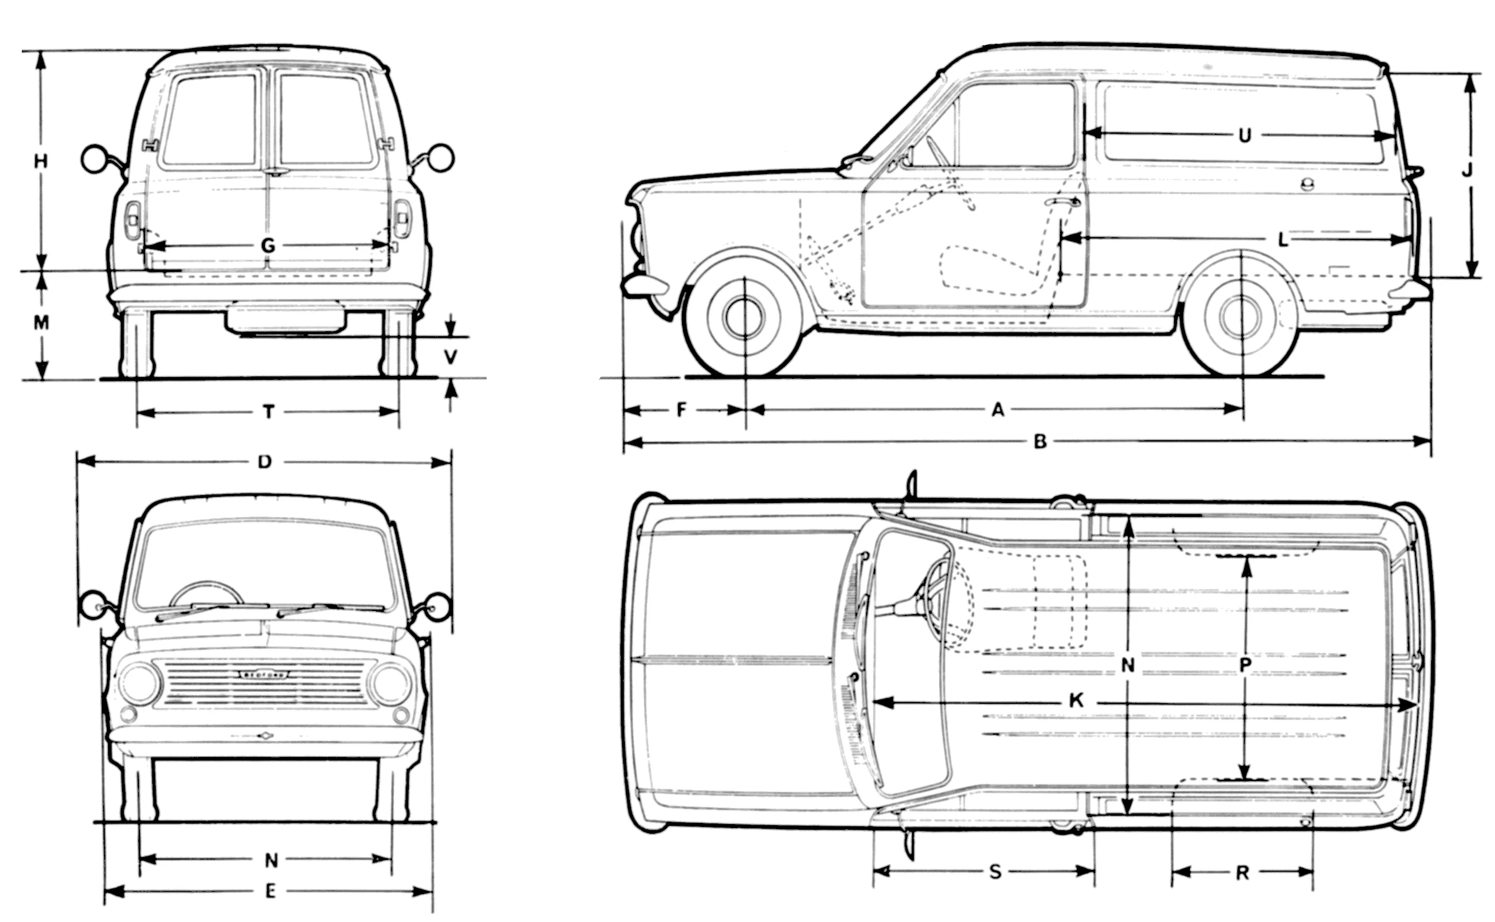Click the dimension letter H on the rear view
pyautogui.click(x=40, y=162)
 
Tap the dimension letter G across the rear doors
pyautogui.click(x=268, y=246)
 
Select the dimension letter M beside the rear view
pyautogui.click(x=41, y=323)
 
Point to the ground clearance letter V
pyautogui.click(x=450, y=357)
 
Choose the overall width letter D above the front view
pyautogui.click(x=264, y=462)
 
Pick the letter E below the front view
pyautogui.click(x=270, y=892)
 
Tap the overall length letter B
pyautogui.click(x=1040, y=442)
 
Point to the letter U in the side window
pyautogui.click(x=1245, y=135)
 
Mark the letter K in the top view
pyautogui.click(x=1076, y=700)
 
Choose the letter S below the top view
pyautogui.click(x=995, y=872)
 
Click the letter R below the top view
pyautogui.click(x=1242, y=873)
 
